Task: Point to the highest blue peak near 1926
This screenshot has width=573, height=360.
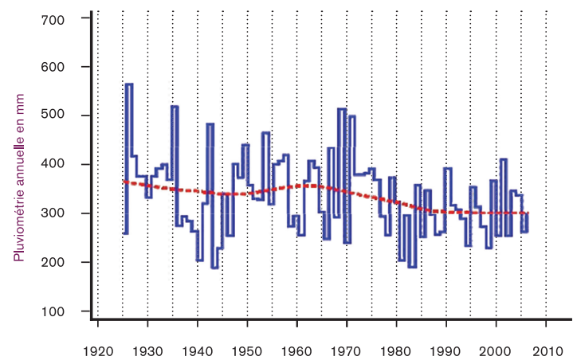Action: (129, 84)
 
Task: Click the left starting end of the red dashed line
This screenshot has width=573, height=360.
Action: (124, 181)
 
